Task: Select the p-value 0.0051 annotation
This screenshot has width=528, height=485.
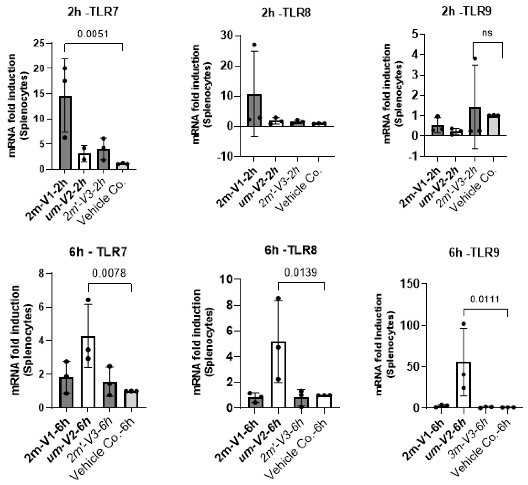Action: tap(93, 34)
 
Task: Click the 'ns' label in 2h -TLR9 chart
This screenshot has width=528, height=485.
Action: tap(487, 33)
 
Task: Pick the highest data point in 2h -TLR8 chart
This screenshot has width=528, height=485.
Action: tap(254, 45)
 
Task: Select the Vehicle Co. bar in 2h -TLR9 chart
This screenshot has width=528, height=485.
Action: tap(494, 126)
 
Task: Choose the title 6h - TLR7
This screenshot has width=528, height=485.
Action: tap(98, 252)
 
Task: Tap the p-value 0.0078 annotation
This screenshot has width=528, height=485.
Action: tap(109, 273)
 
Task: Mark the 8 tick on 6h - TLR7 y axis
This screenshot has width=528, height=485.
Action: tap(41, 273)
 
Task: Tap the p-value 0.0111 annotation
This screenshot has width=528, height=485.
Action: tap(485, 299)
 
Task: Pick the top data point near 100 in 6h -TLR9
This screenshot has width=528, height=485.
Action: tap(464, 324)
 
